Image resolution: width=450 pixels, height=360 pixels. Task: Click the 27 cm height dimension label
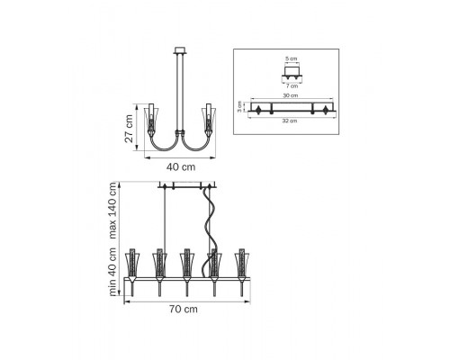click(x=129, y=129)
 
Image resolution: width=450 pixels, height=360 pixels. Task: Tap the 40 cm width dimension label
click(x=181, y=167)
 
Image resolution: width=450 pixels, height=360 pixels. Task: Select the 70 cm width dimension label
click(x=184, y=309)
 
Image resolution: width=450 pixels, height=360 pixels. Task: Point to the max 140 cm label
click(x=112, y=211)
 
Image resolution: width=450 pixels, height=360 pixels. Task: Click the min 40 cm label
click(x=112, y=272)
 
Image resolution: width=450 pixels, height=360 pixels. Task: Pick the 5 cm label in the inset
click(x=291, y=58)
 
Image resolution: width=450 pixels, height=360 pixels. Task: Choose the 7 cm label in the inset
click(x=292, y=86)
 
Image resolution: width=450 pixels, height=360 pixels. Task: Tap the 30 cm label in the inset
click(x=291, y=95)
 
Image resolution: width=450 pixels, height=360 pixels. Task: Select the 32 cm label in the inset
click(x=290, y=121)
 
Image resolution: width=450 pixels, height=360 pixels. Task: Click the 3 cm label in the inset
click(x=239, y=106)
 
